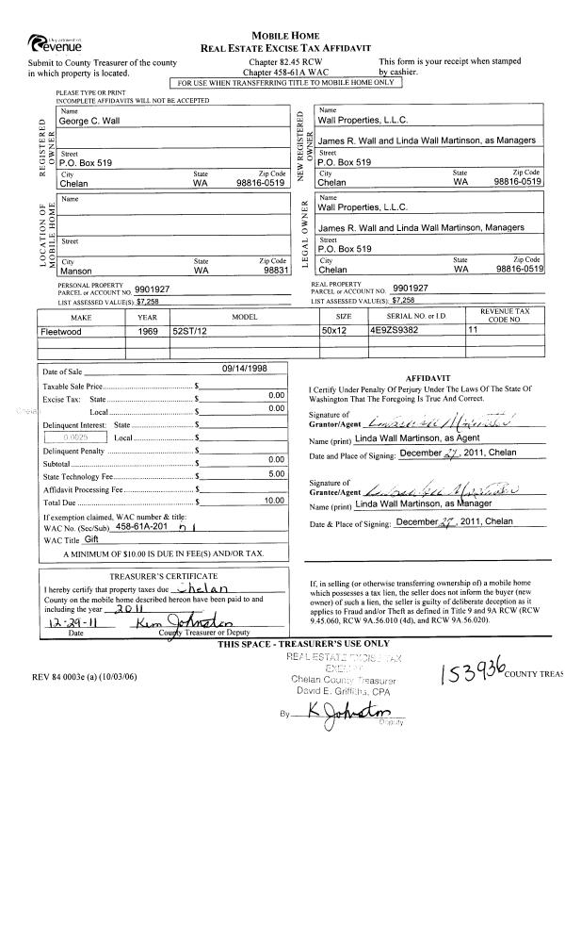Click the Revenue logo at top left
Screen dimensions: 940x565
point(56,42)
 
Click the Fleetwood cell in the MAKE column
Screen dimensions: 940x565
point(61,332)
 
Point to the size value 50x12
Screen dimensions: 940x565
point(335,332)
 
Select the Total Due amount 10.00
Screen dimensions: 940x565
point(274,500)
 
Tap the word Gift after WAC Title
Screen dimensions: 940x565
point(91,540)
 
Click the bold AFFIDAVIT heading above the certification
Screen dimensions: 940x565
point(419,373)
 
